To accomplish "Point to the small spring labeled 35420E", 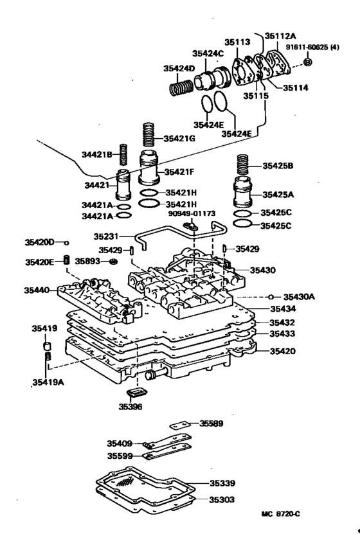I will click(65, 260).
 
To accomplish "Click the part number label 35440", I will click(37, 290).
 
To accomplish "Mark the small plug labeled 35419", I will click(47, 348).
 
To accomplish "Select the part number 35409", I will click(120, 443).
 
